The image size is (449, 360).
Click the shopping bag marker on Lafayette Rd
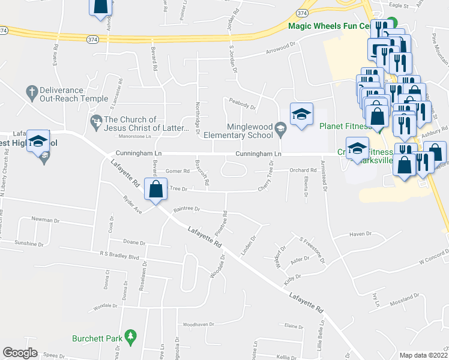click(156, 189)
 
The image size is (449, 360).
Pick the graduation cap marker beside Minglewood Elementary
click(301, 114)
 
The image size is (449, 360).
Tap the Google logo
click(20, 353)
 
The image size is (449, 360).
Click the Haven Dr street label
click(361, 234)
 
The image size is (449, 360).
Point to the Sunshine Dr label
click(29, 244)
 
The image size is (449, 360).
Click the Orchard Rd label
click(303, 170)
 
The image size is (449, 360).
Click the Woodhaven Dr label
click(198, 325)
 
